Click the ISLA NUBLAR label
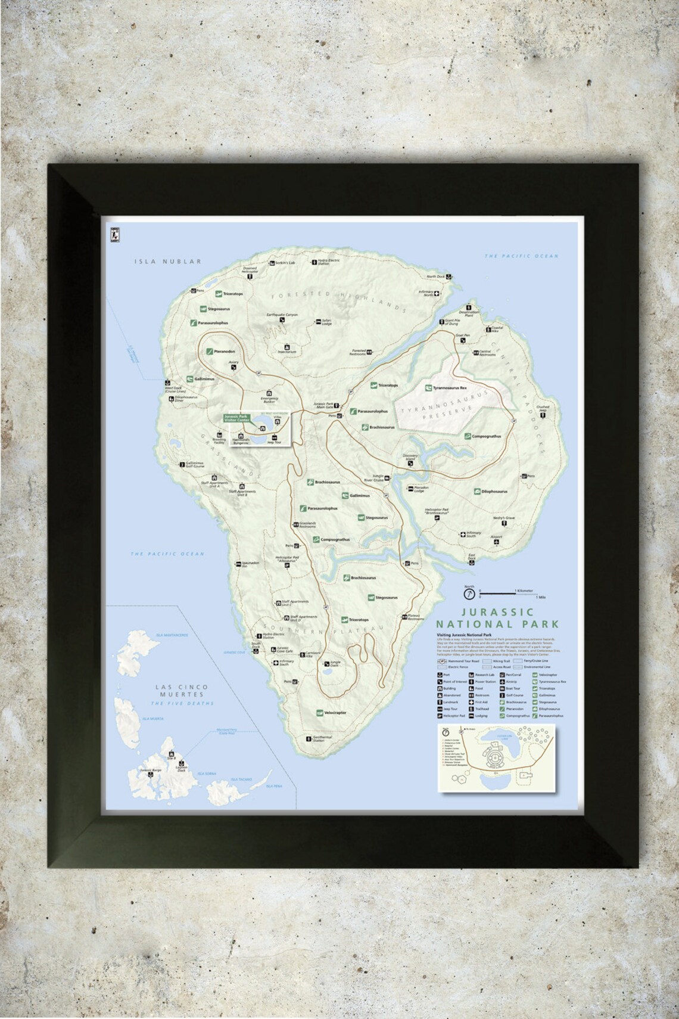[x=167, y=261]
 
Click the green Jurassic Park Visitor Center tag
[x=236, y=418]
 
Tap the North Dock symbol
[x=448, y=277]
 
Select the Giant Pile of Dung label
[x=453, y=322]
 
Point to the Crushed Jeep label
[x=542, y=409]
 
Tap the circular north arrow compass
[x=470, y=594]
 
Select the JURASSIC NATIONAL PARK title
[x=497, y=618]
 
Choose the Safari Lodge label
[x=327, y=322]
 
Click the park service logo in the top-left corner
[x=111, y=235]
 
